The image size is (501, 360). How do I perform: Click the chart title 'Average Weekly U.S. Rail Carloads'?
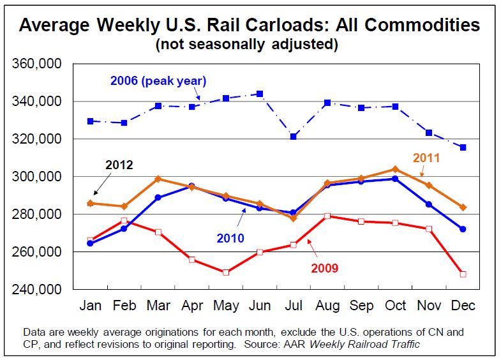pos(250,26)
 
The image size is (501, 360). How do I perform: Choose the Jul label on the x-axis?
pos(293,306)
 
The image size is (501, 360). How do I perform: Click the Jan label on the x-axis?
pos(90,306)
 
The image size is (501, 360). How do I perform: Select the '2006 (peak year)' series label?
pos(158,80)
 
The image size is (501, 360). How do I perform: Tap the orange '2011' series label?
pos(427,157)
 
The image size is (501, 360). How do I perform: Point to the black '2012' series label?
pos(119,165)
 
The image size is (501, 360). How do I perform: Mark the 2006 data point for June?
pos(259,94)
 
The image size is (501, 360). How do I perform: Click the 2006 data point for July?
pos(293,137)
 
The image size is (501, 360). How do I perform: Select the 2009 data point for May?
pos(225,273)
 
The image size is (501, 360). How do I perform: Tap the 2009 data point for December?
pos(462,274)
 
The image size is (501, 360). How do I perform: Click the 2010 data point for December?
pos(462,229)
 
